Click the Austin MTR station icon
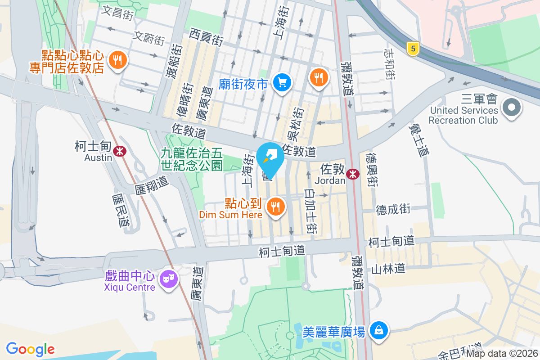(x=119, y=151)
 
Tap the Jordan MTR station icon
(x=353, y=174)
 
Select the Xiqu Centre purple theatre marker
(x=169, y=279)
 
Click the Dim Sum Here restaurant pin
(x=274, y=207)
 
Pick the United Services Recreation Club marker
(x=512, y=108)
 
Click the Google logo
(x=31, y=349)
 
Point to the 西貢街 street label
(x=206, y=37)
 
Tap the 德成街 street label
(x=393, y=209)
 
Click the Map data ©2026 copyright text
(x=502, y=354)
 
